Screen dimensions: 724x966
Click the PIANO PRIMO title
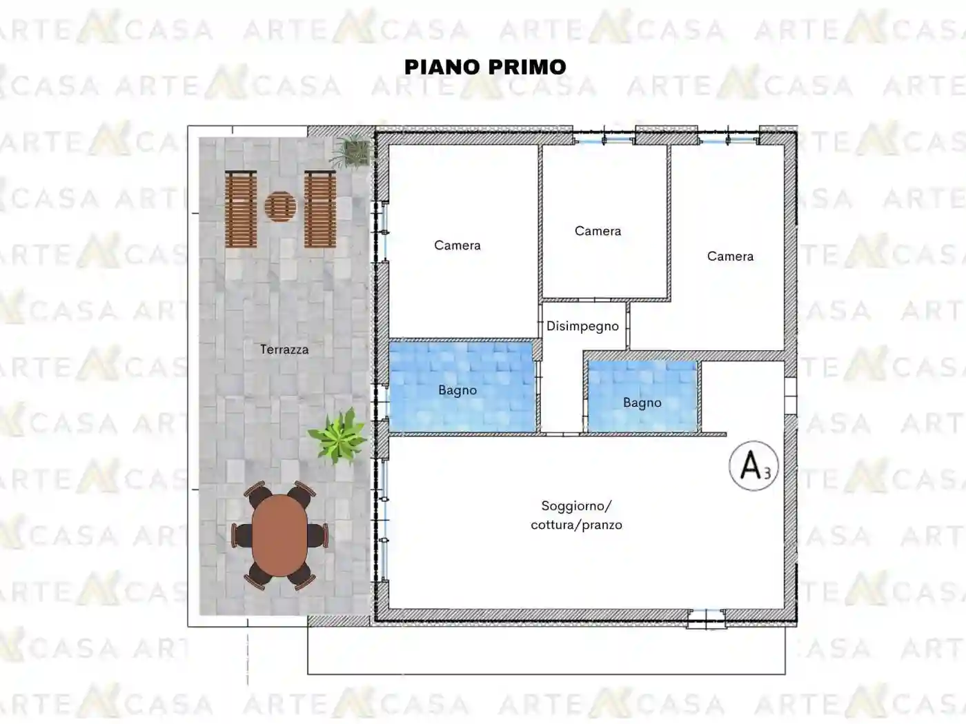click(x=485, y=67)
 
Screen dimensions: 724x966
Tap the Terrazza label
click(x=284, y=350)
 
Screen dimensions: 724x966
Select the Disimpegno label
click(x=582, y=326)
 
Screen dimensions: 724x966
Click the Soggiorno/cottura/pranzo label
click(x=576, y=515)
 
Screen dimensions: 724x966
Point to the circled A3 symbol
click(x=753, y=466)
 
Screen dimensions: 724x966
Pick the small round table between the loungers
click(x=280, y=205)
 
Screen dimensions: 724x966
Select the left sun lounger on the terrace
click(x=241, y=208)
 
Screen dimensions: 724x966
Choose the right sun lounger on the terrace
click(x=320, y=208)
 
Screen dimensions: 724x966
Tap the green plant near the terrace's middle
click(x=337, y=436)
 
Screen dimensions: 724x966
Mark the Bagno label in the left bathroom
click(x=457, y=390)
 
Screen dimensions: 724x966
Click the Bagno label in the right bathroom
click(x=642, y=403)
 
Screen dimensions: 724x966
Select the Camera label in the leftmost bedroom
click(x=457, y=245)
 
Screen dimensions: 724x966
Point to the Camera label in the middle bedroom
click(x=598, y=231)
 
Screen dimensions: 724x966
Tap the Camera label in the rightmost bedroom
click(x=730, y=257)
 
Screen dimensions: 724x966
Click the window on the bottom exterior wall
click(x=706, y=618)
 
